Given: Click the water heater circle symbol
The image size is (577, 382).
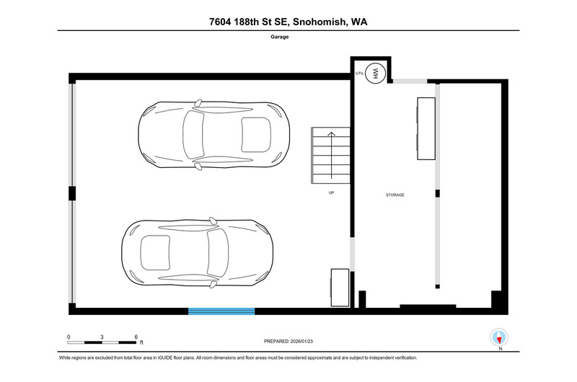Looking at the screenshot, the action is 375,74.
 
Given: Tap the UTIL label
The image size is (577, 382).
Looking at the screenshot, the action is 359,74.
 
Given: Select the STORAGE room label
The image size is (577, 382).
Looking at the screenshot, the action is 395,195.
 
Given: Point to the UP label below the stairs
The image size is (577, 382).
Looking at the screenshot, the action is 331,192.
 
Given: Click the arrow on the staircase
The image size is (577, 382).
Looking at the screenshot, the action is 332,155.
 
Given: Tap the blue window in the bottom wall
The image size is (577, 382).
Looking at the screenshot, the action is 221,311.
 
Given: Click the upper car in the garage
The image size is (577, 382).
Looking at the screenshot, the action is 213,135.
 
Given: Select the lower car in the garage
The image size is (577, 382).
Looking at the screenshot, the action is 197,252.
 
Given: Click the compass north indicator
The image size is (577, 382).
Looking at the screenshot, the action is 499,337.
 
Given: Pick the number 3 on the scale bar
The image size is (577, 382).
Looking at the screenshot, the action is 102,337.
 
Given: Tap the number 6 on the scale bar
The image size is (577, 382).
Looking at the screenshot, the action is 136,337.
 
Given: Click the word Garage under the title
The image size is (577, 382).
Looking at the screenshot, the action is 280,37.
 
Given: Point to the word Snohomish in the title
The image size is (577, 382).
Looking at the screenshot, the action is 320,22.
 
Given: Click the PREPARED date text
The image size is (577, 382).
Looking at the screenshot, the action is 288,341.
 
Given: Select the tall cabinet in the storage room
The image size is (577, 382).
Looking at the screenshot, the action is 426,128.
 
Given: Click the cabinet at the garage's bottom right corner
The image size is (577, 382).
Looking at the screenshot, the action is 339,288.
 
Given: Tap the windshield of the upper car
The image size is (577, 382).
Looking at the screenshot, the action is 193,135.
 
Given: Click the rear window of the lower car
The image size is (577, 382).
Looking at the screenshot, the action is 155,252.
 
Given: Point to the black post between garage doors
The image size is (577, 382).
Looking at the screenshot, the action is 72,193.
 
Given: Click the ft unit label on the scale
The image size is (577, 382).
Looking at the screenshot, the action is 141,342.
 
